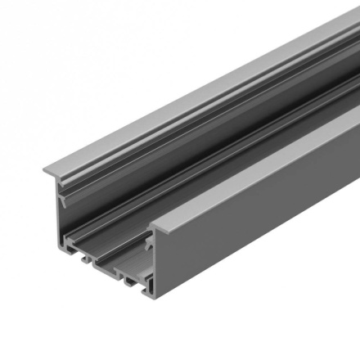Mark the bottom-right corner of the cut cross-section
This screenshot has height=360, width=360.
(155, 297)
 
